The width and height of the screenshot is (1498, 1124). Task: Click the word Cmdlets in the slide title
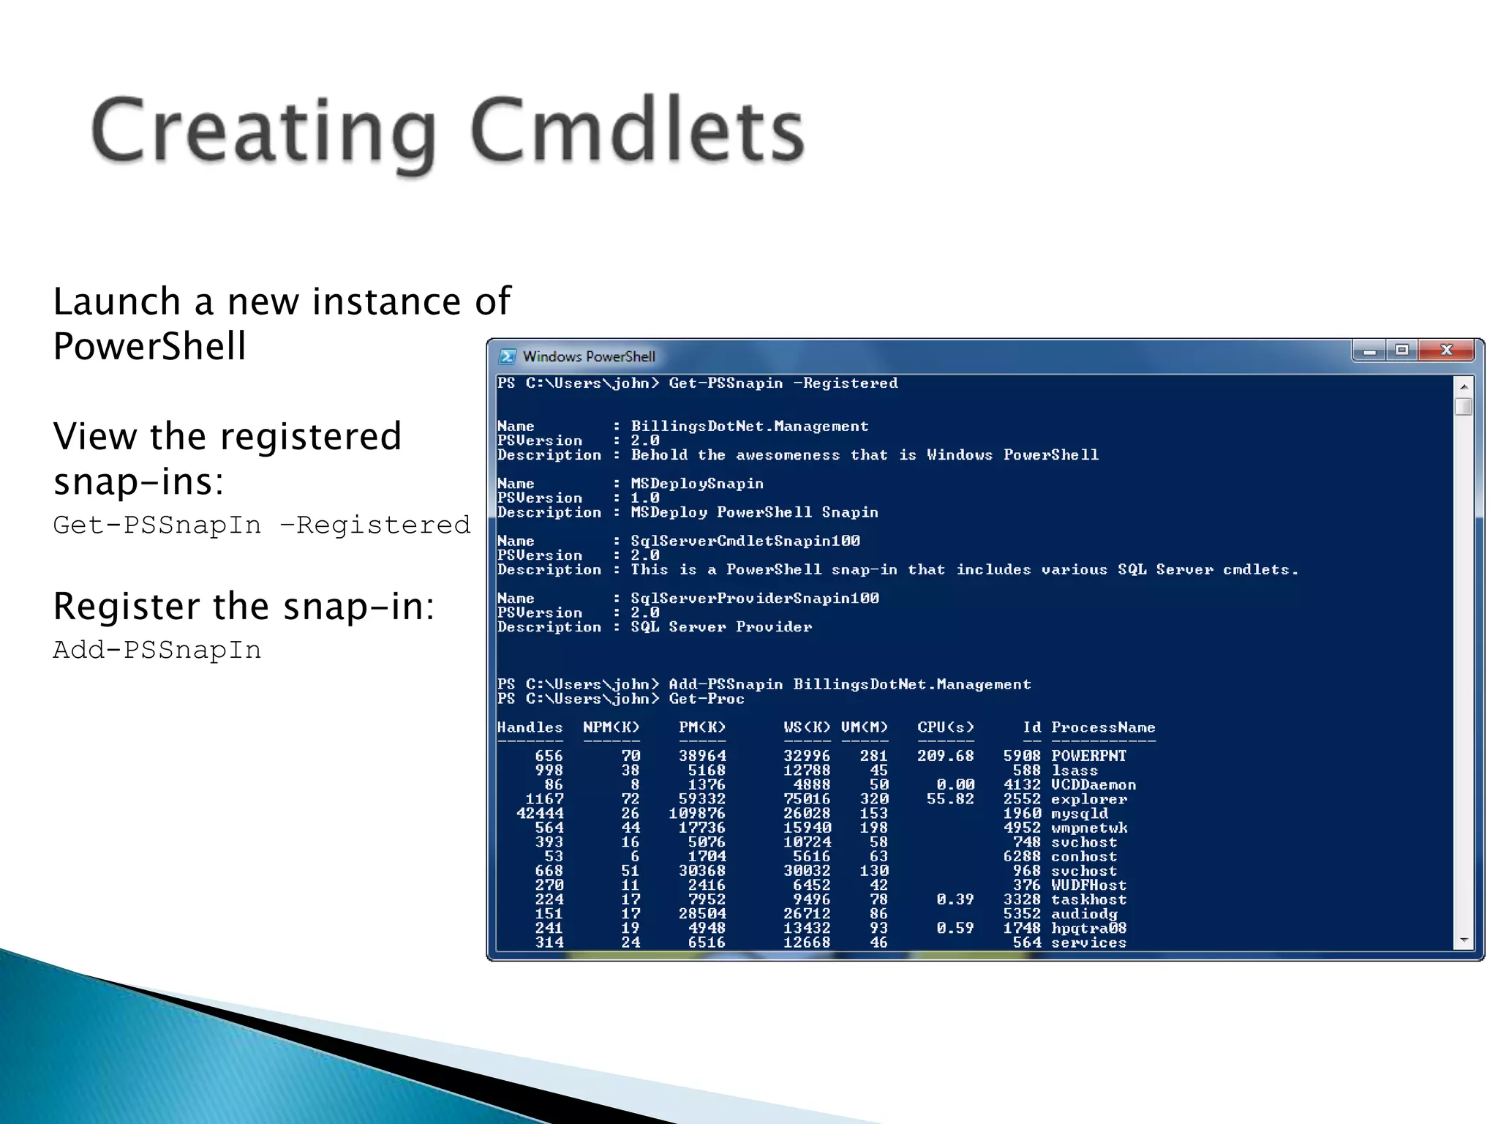click(636, 132)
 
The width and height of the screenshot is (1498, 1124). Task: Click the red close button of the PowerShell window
click(1445, 351)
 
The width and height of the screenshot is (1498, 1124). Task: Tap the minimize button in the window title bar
click(1369, 351)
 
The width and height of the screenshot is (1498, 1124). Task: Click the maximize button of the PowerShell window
click(1401, 351)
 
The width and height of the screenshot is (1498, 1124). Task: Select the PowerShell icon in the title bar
click(507, 356)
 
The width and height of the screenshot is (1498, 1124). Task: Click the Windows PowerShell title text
click(589, 356)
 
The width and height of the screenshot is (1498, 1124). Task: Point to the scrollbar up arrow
click(1464, 386)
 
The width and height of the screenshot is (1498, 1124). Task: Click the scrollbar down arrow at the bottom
click(1464, 940)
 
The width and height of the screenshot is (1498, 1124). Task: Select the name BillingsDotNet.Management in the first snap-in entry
click(750, 426)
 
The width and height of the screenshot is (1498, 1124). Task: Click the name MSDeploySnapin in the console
click(697, 484)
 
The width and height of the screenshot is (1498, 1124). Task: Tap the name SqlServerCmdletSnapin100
click(745, 541)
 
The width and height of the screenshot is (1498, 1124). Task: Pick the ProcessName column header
click(1103, 727)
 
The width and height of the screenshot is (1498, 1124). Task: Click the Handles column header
click(530, 727)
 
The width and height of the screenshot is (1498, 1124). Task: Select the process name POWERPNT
click(1088, 756)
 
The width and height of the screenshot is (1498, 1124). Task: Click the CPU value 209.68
click(945, 756)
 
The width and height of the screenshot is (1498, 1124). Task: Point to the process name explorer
click(1088, 799)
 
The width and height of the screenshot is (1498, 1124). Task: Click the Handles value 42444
click(540, 813)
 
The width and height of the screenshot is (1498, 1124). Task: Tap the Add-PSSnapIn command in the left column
click(157, 650)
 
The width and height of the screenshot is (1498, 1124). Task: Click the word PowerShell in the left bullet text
click(149, 346)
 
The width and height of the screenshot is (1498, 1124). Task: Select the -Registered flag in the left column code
click(375, 525)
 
